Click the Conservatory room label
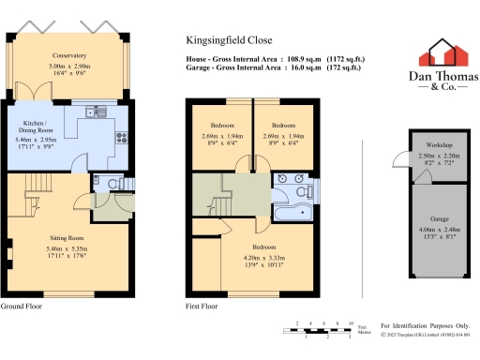coord(69,55)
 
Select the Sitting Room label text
coord(63,239)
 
